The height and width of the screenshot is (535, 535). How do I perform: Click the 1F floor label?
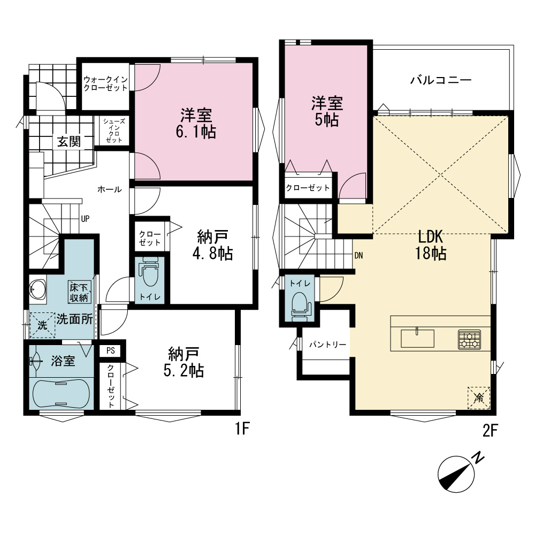coord(242,429)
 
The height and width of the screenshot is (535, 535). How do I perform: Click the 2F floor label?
coord(490,431)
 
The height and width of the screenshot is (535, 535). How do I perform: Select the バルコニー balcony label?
coord(441,80)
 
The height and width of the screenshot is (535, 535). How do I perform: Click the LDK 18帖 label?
coord(431,245)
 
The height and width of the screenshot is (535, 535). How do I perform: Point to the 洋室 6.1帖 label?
coord(196,123)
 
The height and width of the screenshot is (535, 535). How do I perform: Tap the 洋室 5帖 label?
coord(327,112)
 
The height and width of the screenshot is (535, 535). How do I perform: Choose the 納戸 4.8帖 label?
coord(212,246)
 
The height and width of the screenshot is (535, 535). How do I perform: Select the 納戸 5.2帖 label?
coord(184,362)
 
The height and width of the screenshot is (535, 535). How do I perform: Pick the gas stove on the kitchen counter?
coord(470,340)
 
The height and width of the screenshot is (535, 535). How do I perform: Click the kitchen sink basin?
coord(417,339)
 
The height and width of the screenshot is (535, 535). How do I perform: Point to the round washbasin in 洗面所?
coord(37,290)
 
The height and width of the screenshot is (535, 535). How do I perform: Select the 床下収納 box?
coord(79,292)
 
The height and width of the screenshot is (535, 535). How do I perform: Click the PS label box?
coord(110,351)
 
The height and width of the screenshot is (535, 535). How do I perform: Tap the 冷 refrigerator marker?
coord(479,398)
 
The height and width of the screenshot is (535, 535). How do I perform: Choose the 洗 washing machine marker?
coord(42,325)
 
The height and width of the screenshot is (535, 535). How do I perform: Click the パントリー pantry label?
coord(327,345)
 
